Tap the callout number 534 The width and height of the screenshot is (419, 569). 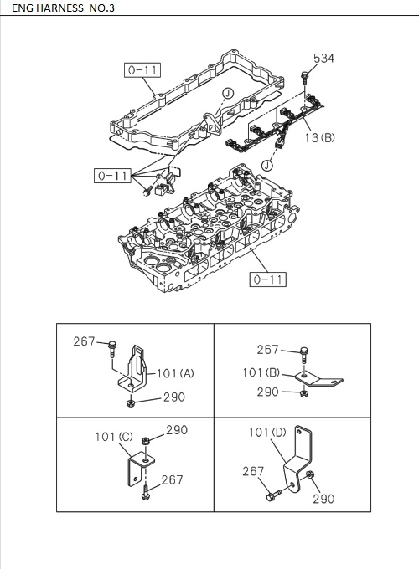point(323,58)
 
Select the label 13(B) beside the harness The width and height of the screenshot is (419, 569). point(318,137)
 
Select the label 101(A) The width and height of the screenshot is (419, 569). point(174,372)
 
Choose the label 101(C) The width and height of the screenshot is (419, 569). point(114,436)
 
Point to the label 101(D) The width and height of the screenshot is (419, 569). point(267,433)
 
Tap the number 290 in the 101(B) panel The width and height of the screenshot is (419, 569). point(269,392)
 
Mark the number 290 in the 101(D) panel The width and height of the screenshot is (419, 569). point(323,499)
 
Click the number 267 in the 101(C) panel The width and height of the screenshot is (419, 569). point(172,479)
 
